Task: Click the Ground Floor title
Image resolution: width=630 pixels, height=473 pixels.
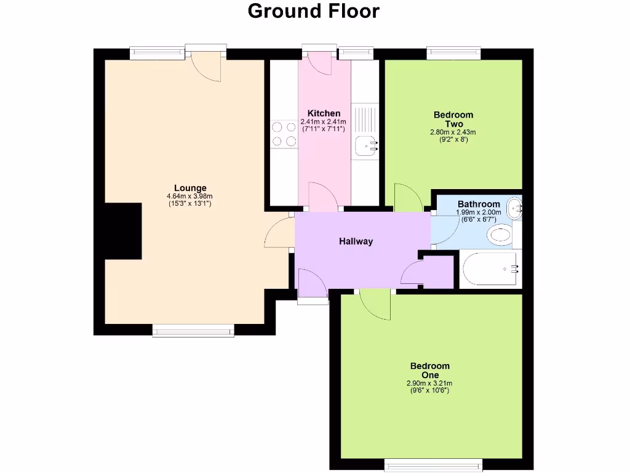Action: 314,11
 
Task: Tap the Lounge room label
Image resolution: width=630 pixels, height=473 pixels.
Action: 190,188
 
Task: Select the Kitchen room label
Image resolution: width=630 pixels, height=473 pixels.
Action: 324,113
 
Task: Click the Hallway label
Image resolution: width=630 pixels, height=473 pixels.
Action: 356,241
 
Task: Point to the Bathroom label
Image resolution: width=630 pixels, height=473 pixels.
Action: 479,204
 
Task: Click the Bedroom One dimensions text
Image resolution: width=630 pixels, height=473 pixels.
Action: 430,387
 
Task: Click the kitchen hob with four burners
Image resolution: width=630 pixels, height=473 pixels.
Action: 283,134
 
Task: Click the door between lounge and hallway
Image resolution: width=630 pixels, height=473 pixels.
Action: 280,231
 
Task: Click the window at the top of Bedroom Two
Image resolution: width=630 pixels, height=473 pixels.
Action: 453,54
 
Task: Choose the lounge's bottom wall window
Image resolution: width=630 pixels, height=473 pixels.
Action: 193,331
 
